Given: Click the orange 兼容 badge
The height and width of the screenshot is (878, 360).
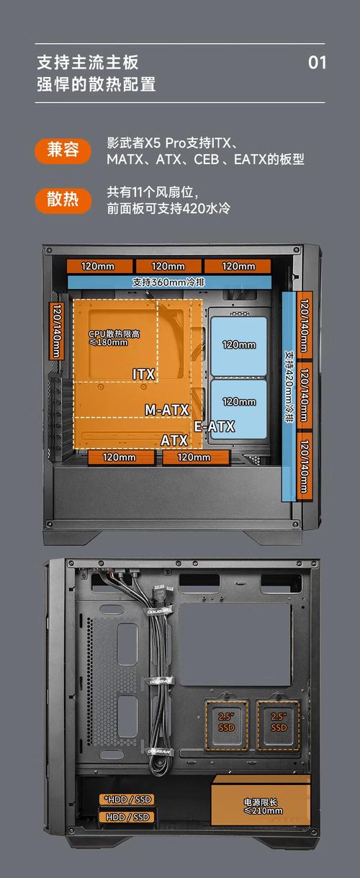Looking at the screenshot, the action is click(x=63, y=151).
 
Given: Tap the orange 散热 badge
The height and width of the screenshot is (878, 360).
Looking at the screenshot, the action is click(x=63, y=200).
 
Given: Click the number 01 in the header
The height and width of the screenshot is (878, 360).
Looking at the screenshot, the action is click(x=317, y=63).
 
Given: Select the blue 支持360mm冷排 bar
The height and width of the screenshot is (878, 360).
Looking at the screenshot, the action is click(x=169, y=282).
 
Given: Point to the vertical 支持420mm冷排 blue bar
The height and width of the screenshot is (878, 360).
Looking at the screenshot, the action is click(x=289, y=396).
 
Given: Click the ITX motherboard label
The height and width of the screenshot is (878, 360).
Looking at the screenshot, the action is click(x=144, y=375).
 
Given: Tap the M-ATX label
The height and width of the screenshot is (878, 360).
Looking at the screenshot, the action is click(x=167, y=410).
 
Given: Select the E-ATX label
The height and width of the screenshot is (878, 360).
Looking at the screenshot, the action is click(x=215, y=426).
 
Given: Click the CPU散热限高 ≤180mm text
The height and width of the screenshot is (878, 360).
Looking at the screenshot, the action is click(x=114, y=338).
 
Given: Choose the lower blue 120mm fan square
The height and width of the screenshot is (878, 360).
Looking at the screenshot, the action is click(x=239, y=409).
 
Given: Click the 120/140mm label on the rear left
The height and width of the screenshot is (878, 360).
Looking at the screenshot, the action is click(x=56, y=331).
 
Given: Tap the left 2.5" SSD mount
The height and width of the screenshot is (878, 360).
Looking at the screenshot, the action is click(x=227, y=725).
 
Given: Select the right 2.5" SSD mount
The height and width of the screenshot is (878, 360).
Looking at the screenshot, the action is click(x=279, y=725).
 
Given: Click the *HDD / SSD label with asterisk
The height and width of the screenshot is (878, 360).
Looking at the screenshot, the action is click(x=127, y=799).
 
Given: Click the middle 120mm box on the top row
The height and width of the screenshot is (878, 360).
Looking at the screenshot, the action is click(x=168, y=266).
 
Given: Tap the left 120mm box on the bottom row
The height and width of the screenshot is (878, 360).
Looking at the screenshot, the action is click(x=120, y=457).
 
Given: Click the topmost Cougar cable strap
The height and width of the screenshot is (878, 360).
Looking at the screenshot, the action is click(x=158, y=611).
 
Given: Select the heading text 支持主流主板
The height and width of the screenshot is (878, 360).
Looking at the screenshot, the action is click(x=88, y=63).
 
